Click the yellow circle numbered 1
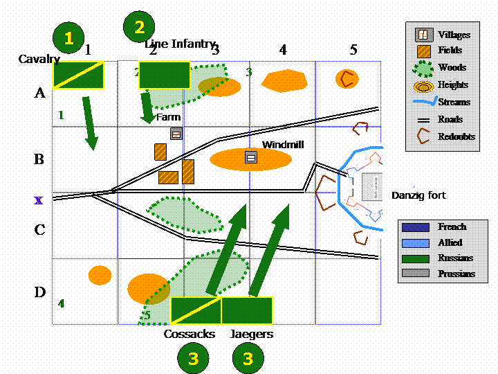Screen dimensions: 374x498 coord(68,39)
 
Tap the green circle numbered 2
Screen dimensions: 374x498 coord(139,27)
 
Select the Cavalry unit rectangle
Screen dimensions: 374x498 coord(78,75)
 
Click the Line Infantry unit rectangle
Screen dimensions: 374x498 coord(164,75)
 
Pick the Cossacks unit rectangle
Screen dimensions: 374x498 coord(196,310)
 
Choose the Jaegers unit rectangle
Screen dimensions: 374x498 coord(247,310)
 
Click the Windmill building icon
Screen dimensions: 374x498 coord(250,158)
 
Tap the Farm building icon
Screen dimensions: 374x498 coord(176,134)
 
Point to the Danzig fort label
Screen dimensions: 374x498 coord(418,196)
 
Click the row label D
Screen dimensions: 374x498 coord(39,292)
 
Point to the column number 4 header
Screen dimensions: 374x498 coord(282,50)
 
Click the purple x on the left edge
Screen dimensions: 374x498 coord(39,200)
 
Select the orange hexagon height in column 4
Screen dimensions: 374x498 coord(284,80)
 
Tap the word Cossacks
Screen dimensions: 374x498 coord(189,335)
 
